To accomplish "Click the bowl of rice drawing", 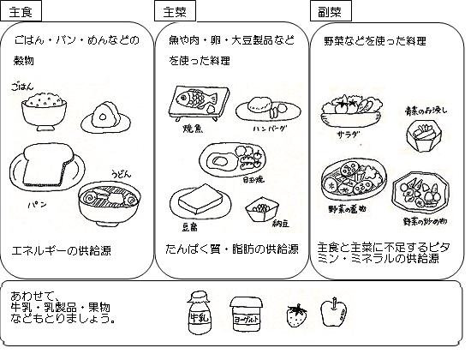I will point(42,110).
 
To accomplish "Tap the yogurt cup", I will point(246,314).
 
